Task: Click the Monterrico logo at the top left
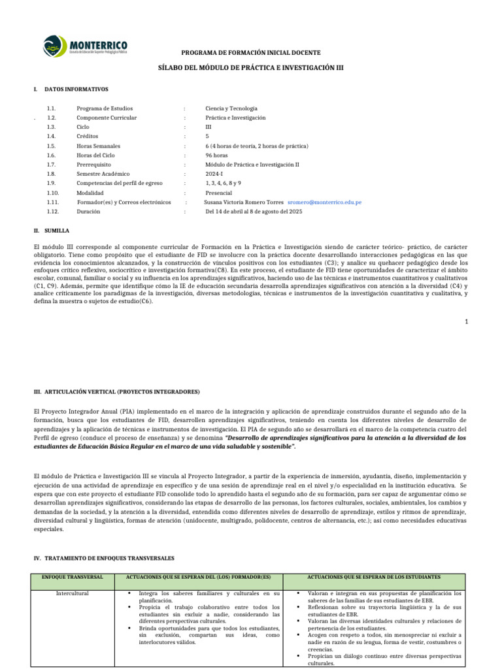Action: tap(85, 46)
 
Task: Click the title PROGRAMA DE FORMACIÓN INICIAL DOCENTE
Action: tap(251, 52)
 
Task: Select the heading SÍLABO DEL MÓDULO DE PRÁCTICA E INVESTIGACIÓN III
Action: tap(251, 67)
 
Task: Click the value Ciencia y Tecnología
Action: tap(231, 108)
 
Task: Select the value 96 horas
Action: tap(216, 155)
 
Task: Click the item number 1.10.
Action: tap(53, 193)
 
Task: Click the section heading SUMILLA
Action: tap(57, 231)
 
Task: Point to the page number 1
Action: tap(467, 321)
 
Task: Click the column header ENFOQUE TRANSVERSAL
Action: tap(73, 578)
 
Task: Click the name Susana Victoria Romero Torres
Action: tap(244, 203)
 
